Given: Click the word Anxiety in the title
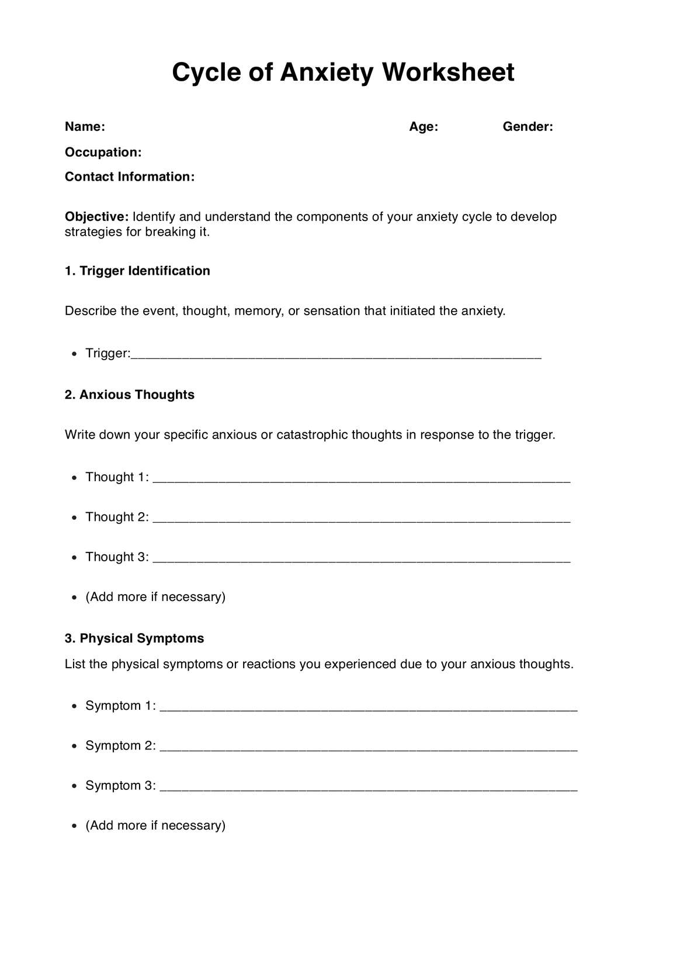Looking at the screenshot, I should (326, 73).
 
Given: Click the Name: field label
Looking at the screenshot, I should (85, 127).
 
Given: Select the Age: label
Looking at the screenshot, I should (424, 127).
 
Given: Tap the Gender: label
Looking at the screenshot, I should (528, 127).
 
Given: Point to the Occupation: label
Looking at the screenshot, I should (103, 153).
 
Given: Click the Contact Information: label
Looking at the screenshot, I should (129, 177).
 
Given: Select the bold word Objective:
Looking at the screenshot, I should (96, 217).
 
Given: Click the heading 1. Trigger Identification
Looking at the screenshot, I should (137, 271).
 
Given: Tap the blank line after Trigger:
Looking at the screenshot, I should (336, 355).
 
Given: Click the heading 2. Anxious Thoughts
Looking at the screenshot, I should (129, 395).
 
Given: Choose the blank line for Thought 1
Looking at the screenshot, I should (361, 479).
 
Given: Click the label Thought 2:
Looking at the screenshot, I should (117, 517).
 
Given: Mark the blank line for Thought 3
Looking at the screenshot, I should (361, 559).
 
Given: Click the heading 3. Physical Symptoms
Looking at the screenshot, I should (134, 638).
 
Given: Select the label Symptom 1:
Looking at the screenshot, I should (120, 706).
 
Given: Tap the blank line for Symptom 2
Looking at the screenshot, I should (368, 748).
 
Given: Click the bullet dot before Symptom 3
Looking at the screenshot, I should (74, 786).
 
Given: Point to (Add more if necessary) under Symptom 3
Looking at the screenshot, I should (155, 826).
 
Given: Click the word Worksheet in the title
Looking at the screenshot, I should (448, 73).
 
